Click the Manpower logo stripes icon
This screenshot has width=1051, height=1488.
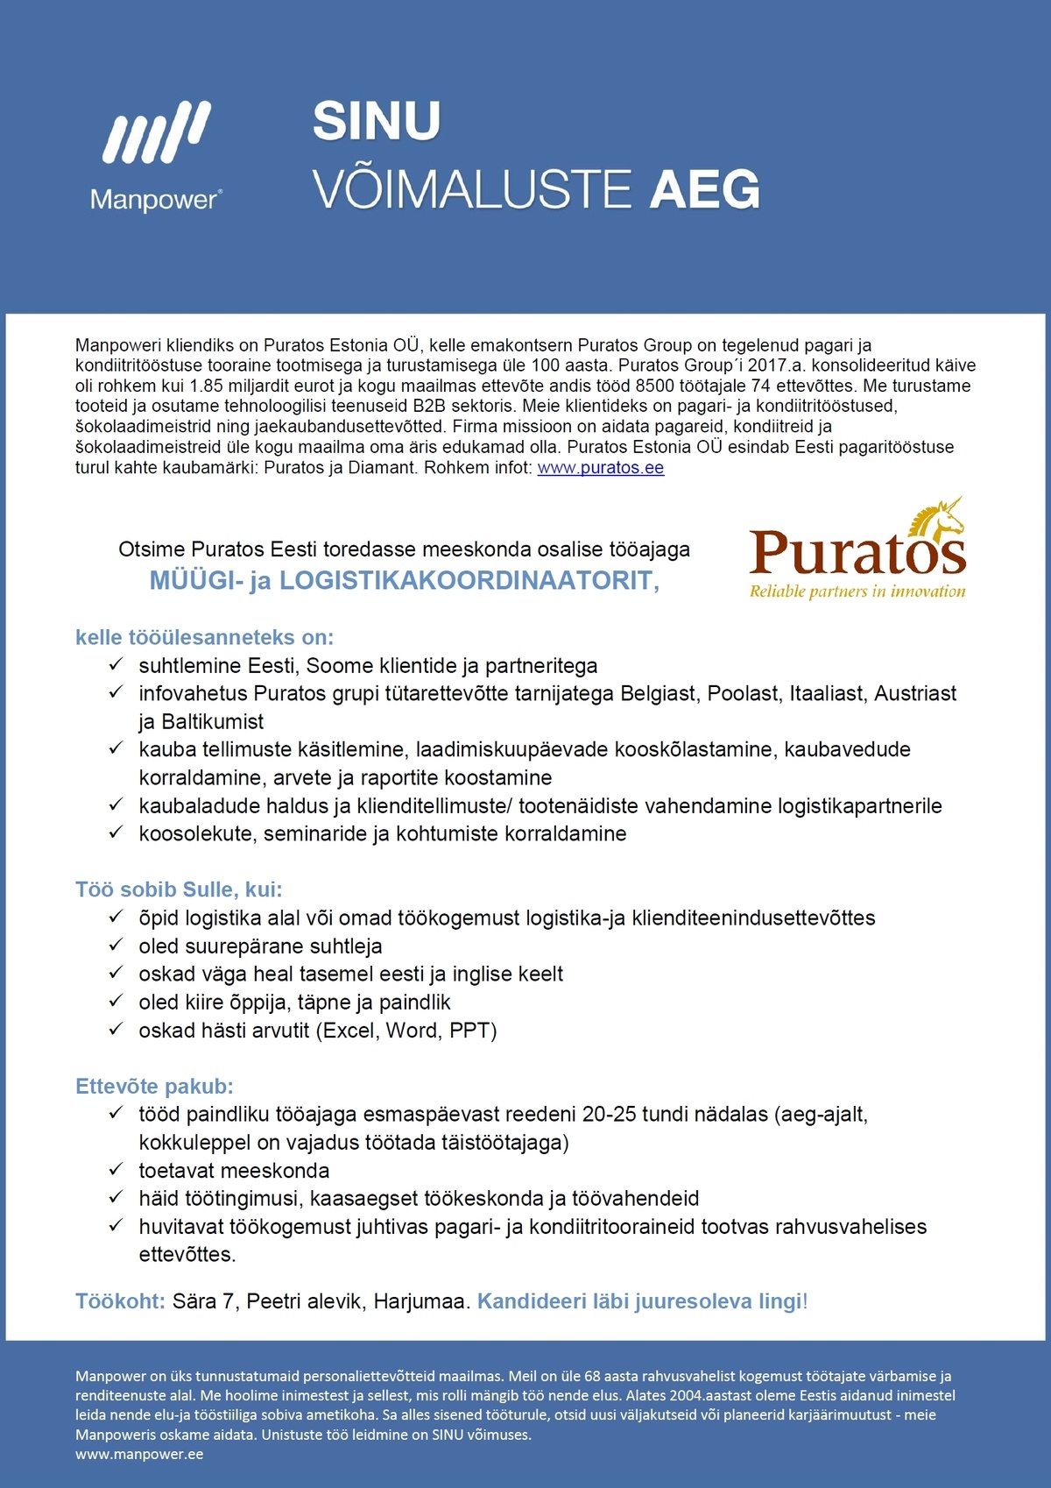[157, 132]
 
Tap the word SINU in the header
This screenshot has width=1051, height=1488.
[377, 121]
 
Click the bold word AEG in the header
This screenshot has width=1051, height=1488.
[704, 190]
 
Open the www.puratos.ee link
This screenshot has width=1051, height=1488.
[601, 468]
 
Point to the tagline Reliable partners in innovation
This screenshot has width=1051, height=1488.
[857, 592]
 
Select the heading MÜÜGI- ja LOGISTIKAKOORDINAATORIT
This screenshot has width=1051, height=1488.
[404, 580]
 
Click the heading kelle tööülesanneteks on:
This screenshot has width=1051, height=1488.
[204, 637]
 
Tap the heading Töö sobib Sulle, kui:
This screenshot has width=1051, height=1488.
[179, 889]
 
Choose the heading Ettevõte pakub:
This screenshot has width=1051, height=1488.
[154, 1087]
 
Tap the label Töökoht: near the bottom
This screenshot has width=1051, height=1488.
[120, 1301]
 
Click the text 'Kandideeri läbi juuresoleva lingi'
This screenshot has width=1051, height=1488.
[639, 1301]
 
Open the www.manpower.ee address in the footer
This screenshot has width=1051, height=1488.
[139, 1454]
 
